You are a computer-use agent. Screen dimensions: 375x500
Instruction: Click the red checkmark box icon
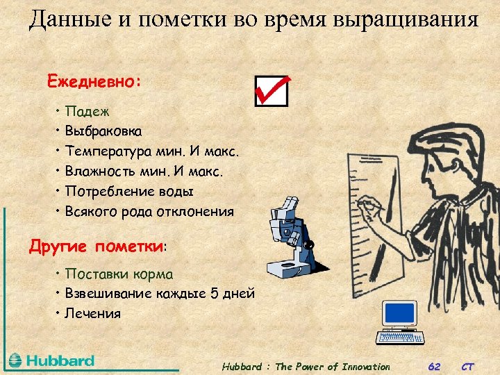point(271,90)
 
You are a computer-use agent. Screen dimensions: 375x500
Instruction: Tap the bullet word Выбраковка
point(103,131)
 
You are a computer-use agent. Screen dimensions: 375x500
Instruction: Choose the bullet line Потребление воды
point(129,191)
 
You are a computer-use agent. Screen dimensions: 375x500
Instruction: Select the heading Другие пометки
point(97,246)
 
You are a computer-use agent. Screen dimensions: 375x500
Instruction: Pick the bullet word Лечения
point(92,313)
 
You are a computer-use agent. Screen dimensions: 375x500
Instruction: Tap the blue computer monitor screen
point(399,313)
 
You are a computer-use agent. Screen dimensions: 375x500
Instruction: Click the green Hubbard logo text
point(60,360)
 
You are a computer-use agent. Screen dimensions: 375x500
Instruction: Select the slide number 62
point(434,367)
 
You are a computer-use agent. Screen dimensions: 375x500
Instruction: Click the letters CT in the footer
point(468,367)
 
